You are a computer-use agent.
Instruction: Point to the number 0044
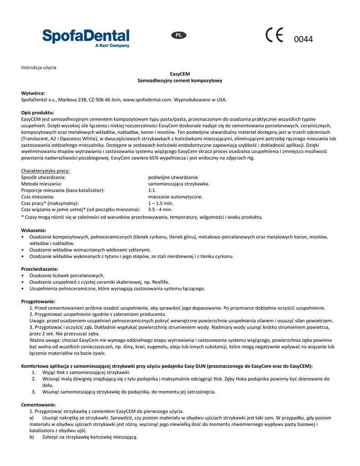[304, 40]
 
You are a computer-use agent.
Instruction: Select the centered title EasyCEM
[180, 74]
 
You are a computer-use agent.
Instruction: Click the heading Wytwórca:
[33, 93]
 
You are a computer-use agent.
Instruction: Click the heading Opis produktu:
[38, 112]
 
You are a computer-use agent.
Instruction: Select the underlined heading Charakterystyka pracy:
[46, 171]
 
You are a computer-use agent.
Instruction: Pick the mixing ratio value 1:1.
[152, 190]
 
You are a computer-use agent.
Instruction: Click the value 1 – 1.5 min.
[161, 203]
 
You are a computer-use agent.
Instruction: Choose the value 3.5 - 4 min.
[160, 210]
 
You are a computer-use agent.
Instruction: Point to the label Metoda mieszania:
[42, 184]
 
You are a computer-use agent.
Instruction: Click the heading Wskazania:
[34, 230]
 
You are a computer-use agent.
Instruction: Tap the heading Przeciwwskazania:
[40, 269]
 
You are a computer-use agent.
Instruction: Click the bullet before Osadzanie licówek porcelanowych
[23, 276]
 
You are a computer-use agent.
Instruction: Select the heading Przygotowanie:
[38, 301]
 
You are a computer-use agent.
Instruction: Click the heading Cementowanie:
[39, 405]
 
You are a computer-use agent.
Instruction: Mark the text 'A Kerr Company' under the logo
[112, 46]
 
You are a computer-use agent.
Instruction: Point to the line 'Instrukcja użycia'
[39, 67]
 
